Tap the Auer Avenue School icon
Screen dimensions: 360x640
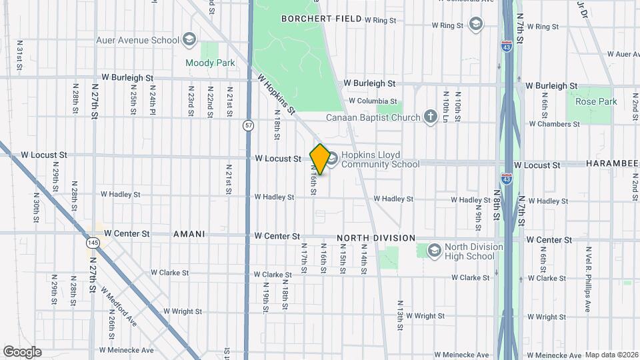[189, 39]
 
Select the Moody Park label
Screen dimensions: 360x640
[210, 63]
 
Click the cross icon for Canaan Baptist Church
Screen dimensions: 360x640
[431, 117]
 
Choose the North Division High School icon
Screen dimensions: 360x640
[434, 250]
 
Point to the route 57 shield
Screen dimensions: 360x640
[248, 125]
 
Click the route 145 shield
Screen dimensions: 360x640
[93, 244]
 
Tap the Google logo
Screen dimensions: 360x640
[22, 352]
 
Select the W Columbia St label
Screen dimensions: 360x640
[373, 101]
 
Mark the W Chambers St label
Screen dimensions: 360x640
[554, 124]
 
